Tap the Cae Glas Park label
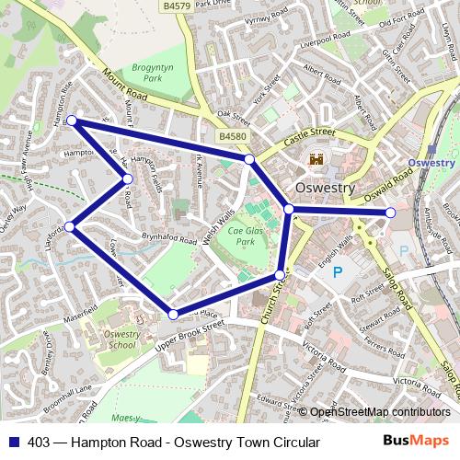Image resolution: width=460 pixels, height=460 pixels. [x=247, y=236]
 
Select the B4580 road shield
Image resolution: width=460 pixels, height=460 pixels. [x=233, y=135]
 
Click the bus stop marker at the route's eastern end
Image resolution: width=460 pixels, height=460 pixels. [x=390, y=213]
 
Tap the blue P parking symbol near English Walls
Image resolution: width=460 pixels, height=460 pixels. [x=337, y=271]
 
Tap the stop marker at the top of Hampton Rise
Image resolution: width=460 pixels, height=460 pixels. [x=71, y=121]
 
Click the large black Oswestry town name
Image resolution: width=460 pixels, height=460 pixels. [x=324, y=188]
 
